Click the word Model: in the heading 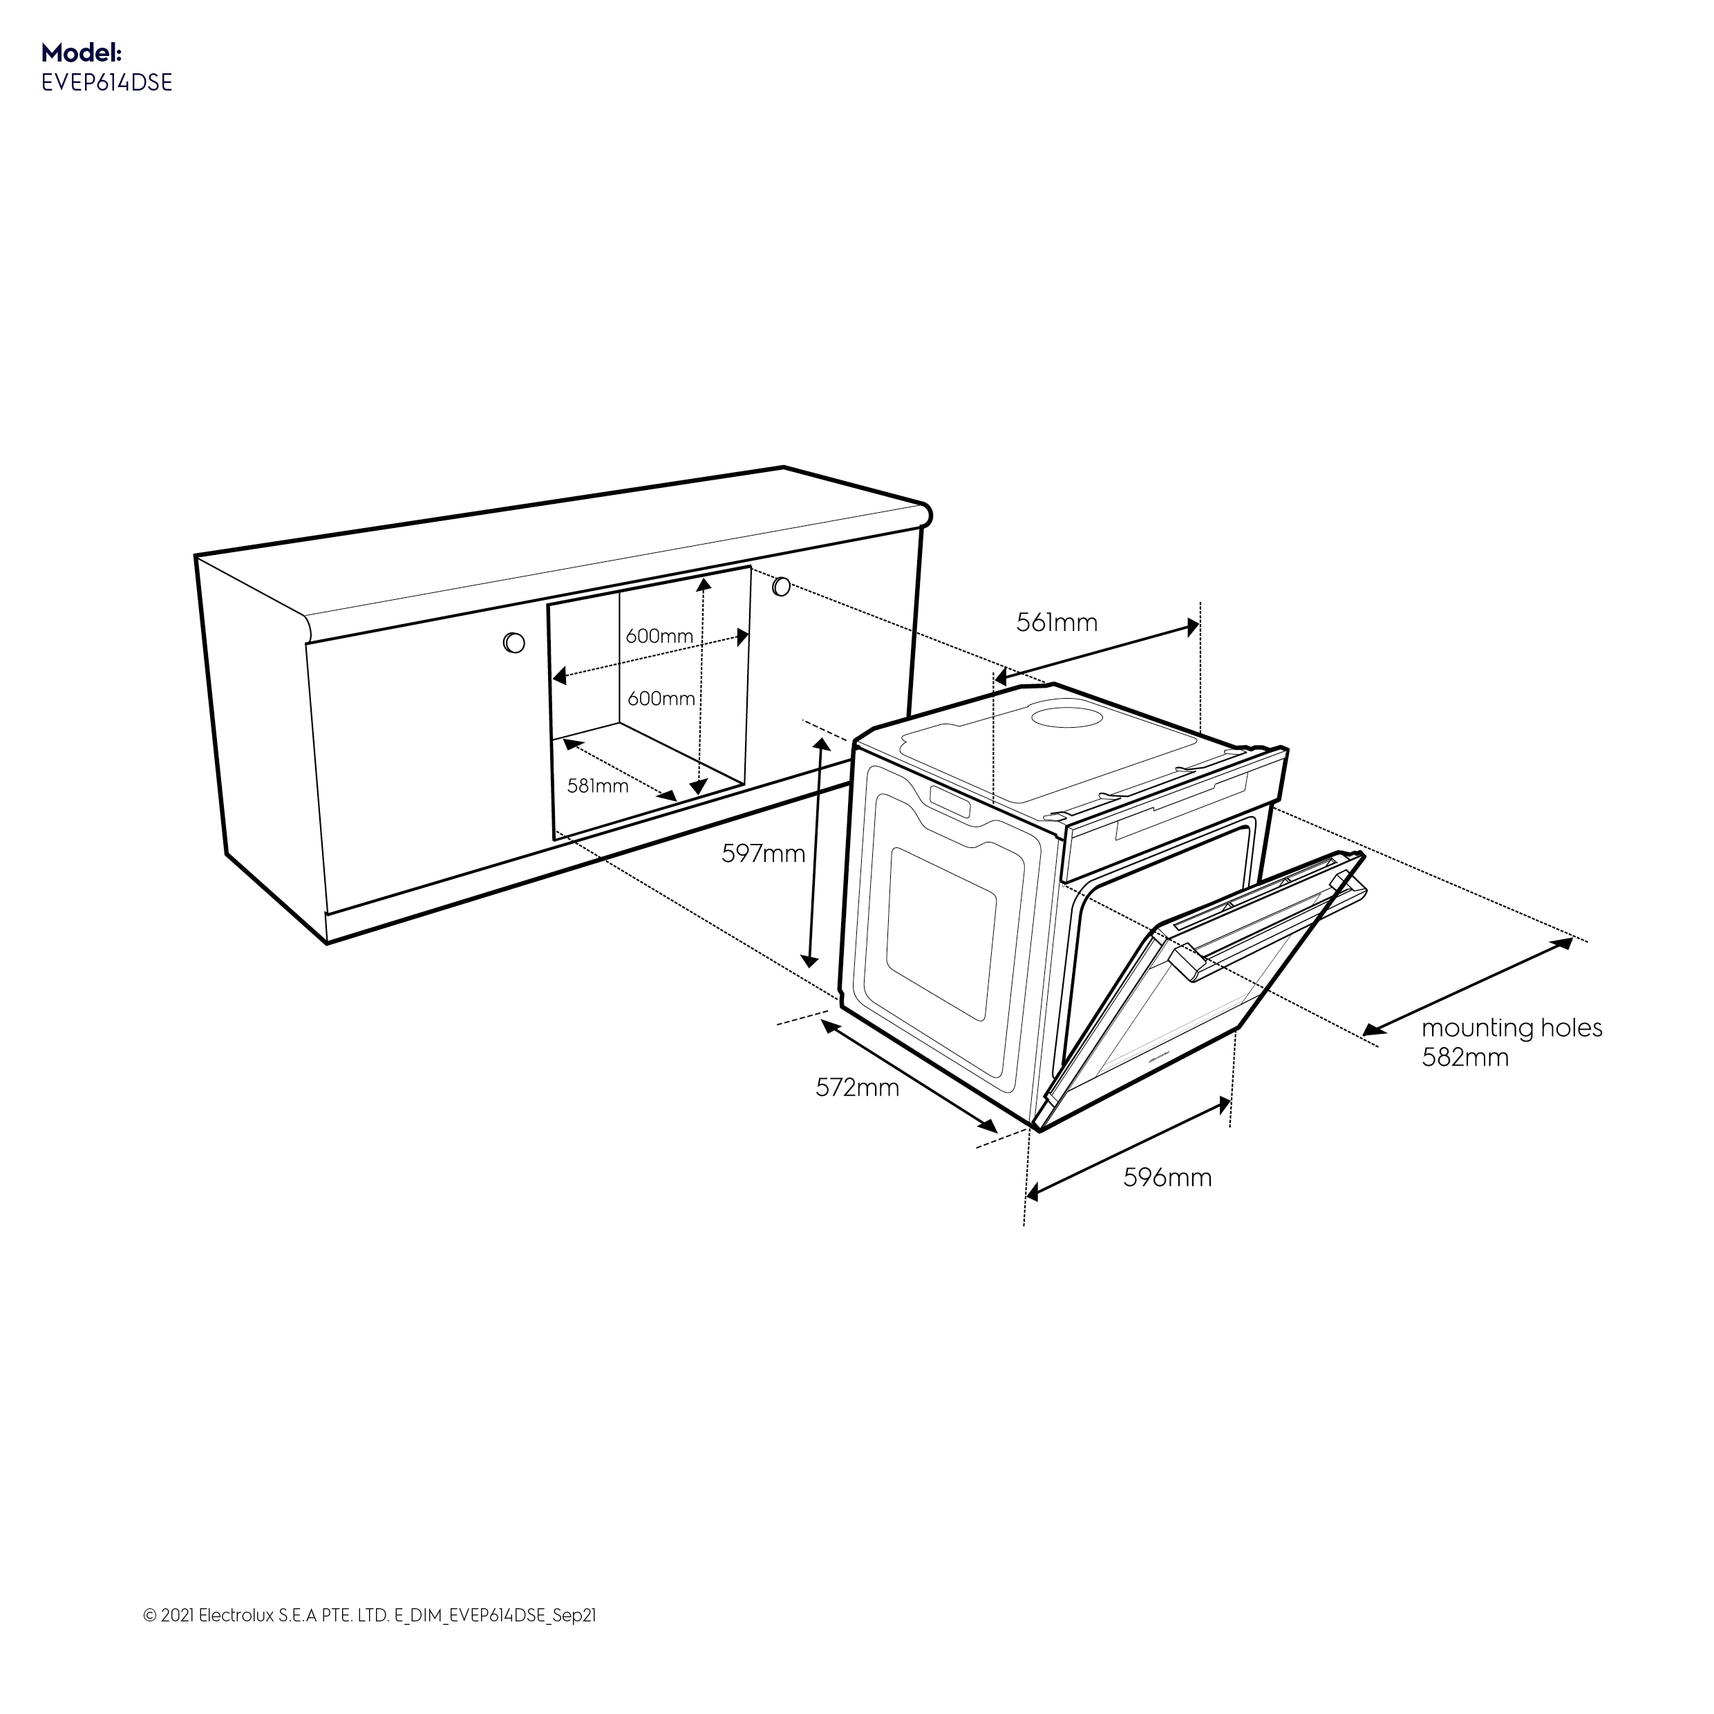(x=81, y=51)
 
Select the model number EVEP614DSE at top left (x=106, y=82)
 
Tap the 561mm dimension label (x=1057, y=623)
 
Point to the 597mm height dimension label (x=763, y=854)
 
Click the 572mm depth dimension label (x=857, y=1086)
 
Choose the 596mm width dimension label (x=1167, y=1177)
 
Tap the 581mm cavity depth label (x=598, y=785)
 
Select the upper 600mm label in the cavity (x=659, y=636)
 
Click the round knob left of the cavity (x=514, y=642)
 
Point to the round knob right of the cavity (x=781, y=586)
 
